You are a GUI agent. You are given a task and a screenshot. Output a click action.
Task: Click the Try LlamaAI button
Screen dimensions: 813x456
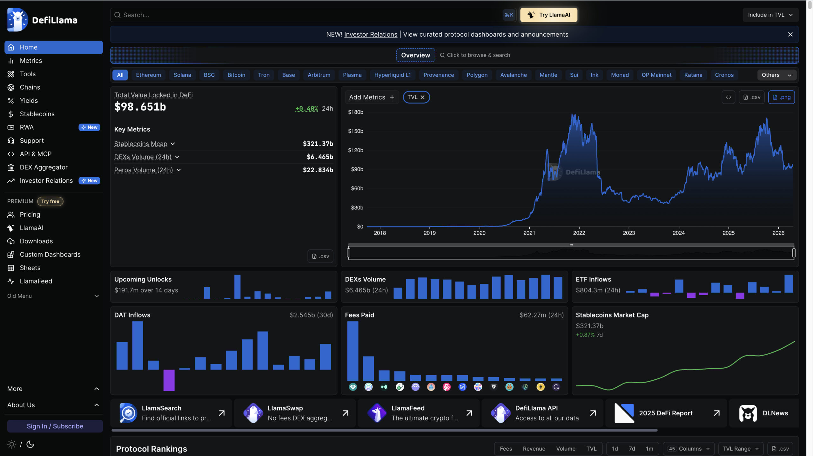point(548,15)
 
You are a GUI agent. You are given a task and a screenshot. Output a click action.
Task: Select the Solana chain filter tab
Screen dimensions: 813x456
point(182,75)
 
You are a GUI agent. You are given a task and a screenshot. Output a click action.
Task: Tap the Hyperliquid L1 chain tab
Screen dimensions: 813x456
point(392,75)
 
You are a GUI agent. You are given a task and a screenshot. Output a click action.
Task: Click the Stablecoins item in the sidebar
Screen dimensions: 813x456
point(37,114)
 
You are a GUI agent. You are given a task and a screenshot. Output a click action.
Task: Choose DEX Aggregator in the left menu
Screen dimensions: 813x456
point(44,167)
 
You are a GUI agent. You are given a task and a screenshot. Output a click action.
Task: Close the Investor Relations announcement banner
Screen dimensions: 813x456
point(790,34)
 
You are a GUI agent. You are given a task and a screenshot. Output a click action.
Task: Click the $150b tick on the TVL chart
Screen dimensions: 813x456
point(355,131)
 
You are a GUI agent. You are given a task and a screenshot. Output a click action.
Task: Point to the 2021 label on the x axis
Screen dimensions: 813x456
point(529,233)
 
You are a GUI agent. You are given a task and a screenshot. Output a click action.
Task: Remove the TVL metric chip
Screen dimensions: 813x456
point(422,97)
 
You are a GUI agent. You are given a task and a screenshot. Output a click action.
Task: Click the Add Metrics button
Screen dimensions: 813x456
point(372,97)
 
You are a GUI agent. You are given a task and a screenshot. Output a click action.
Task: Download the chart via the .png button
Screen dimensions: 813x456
point(781,97)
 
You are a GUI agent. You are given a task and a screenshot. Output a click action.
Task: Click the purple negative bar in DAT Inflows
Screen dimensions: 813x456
point(169,380)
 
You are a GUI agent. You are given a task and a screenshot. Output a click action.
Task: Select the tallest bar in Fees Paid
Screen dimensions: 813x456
point(353,351)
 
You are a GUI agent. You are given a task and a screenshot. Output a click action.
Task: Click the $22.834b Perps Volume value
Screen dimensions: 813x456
point(318,170)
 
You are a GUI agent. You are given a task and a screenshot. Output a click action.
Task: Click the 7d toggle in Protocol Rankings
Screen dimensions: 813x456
point(632,449)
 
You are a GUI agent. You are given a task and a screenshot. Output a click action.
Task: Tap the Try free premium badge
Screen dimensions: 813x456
point(50,201)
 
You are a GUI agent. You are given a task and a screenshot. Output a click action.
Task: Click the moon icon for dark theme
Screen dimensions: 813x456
point(30,444)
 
